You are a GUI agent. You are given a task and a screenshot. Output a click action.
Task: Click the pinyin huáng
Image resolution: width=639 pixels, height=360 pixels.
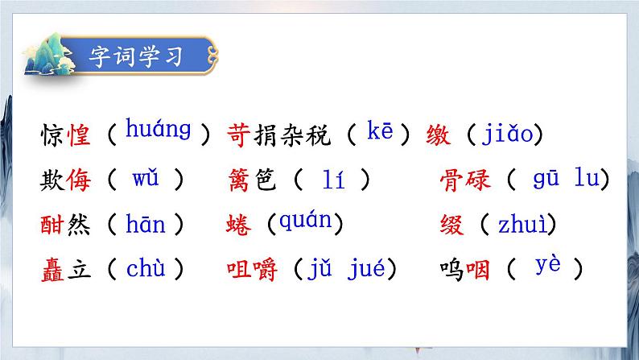pos(159,130)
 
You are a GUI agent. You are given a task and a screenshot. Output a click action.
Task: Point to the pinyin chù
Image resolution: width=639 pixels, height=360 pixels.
pos(146,269)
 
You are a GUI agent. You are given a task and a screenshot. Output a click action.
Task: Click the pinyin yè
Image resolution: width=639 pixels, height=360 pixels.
pos(546,266)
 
